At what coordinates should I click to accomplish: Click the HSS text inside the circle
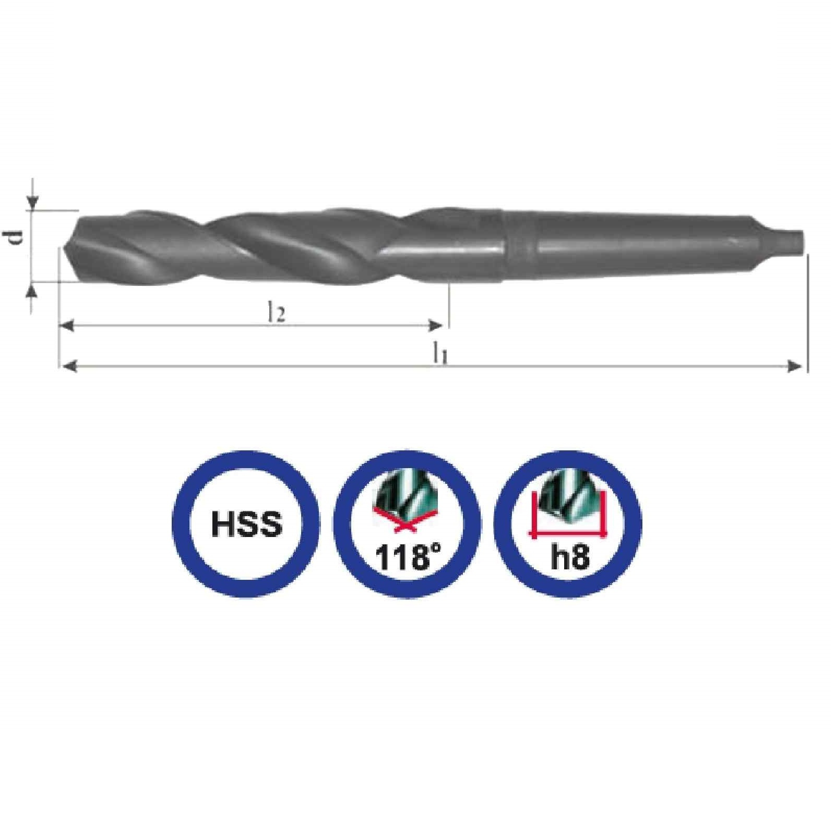click(x=246, y=524)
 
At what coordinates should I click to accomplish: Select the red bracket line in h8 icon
click(x=567, y=533)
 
